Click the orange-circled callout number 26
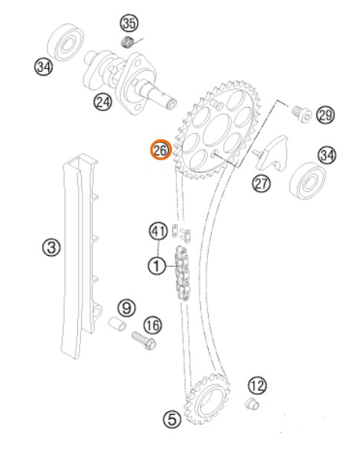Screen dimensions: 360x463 161,150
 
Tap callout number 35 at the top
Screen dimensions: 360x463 129,23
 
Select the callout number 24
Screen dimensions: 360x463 103,102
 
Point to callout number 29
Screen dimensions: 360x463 326,115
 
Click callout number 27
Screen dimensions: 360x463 261,183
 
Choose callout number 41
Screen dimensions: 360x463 158,231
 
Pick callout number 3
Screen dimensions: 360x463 51,247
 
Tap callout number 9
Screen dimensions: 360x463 127,308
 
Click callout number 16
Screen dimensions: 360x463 153,325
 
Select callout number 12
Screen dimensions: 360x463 258,386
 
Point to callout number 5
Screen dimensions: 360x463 172,419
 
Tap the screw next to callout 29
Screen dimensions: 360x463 301,113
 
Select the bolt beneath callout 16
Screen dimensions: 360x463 144,341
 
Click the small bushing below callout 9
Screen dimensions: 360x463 117,324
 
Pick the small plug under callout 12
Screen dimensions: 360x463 252,403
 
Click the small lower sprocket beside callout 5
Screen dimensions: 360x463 207,399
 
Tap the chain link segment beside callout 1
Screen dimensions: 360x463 183,273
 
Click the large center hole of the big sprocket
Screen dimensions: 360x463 218,130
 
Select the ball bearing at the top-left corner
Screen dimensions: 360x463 65,43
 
